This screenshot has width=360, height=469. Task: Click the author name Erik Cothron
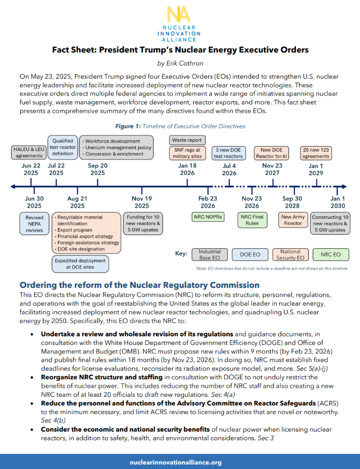(x=180, y=63)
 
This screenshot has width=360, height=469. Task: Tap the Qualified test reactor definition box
(x=63, y=147)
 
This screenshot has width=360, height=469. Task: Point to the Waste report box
(x=187, y=140)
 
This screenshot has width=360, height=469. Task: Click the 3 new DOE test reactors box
(x=229, y=152)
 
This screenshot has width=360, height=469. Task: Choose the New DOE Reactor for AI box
(x=272, y=152)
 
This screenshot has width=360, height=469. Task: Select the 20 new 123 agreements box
(x=316, y=152)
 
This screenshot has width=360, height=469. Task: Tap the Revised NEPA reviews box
(x=34, y=223)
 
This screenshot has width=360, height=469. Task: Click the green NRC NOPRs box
(x=208, y=217)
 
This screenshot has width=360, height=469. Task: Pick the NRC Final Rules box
(x=252, y=220)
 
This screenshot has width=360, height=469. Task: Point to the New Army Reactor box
(x=293, y=220)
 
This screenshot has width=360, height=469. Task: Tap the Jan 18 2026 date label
(x=188, y=169)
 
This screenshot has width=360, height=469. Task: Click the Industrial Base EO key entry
(x=210, y=254)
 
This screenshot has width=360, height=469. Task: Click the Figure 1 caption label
(x=179, y=126)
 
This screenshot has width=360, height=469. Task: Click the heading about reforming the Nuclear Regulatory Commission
(x=139, y=285)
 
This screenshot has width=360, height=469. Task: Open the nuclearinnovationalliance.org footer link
(x=179, y=462)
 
